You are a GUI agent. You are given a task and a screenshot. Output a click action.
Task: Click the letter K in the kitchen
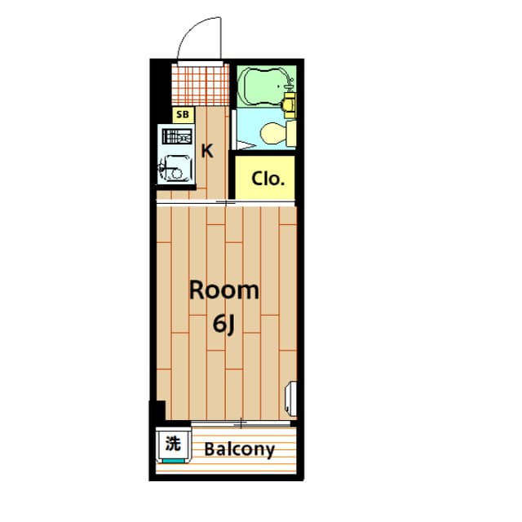[207, 150]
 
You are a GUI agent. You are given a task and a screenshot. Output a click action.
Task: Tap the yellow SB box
[183, 115]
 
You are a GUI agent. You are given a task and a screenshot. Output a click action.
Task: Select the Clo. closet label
[268, 179]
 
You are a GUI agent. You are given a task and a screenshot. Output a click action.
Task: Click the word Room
[224, 290]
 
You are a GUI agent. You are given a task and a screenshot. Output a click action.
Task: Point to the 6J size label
[224, 324]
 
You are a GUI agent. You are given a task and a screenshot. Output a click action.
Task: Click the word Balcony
[239, 449]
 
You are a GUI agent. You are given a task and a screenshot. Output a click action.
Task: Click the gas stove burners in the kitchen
[175, 137]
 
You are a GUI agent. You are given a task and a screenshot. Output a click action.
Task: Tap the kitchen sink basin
[175, 170]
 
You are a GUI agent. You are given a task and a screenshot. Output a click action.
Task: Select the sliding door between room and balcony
[241, 424]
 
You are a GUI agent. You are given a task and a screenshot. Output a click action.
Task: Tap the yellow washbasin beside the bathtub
[289, 104]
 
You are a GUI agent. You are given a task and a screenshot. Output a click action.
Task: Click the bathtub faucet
[288, 82]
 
